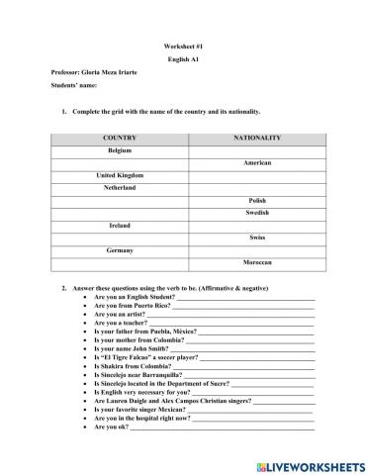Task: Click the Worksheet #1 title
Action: (183, 47)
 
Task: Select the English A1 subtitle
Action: (183, 59)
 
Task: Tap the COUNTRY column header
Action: (119, 138)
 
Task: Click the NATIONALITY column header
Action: (257, 138)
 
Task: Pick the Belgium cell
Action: (119, 149)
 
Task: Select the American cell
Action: (257, 162)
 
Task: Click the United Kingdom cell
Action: (119, 174)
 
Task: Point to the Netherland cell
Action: (119, 187)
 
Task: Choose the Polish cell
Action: (257, 200)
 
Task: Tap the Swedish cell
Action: (257, 213)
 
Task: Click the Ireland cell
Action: (119, 225)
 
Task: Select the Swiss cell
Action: (257, 237)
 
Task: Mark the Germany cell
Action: (119, 250)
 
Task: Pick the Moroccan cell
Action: (257, 262)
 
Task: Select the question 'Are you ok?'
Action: (111, 427)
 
